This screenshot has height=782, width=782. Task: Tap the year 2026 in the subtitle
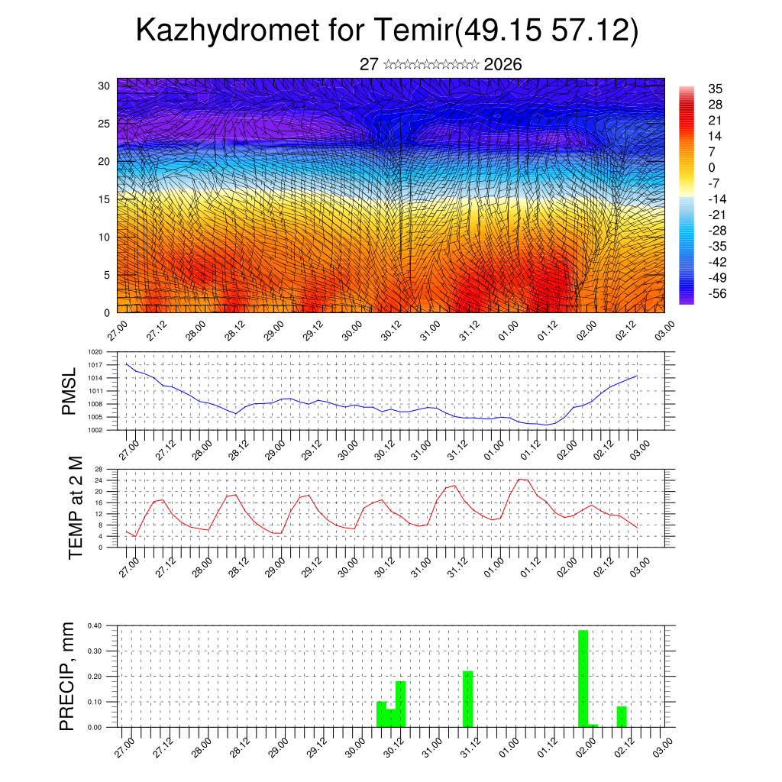pyautogui.click(x=502, y=65)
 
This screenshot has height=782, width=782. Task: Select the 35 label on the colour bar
pyautogui.click(x=716, y=89)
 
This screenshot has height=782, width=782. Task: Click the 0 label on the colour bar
pyautogui.click(x=712, y=167)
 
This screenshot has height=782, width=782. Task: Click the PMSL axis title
pyautogui.click(x=69, y=391)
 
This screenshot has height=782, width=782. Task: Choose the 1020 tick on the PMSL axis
pyautogui.click(x=95, y=352)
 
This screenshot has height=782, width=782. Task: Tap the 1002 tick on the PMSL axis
pyautogui.click(x=95, y=430)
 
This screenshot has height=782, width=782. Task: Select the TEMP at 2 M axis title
pyautogui.click(x=75, y=507)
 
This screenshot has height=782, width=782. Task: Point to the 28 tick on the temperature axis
pyautogui.click(x=99, y=469)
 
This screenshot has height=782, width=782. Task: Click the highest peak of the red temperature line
pyautogui.click(x=521, y=480)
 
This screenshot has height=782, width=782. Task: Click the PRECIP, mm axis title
pyautogui.click(x=68, y=676)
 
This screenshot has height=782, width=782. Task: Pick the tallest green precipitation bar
pyautogui.click(x=583, y=678)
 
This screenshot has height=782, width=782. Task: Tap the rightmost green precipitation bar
pyautogui.click(x=622, y=716)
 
